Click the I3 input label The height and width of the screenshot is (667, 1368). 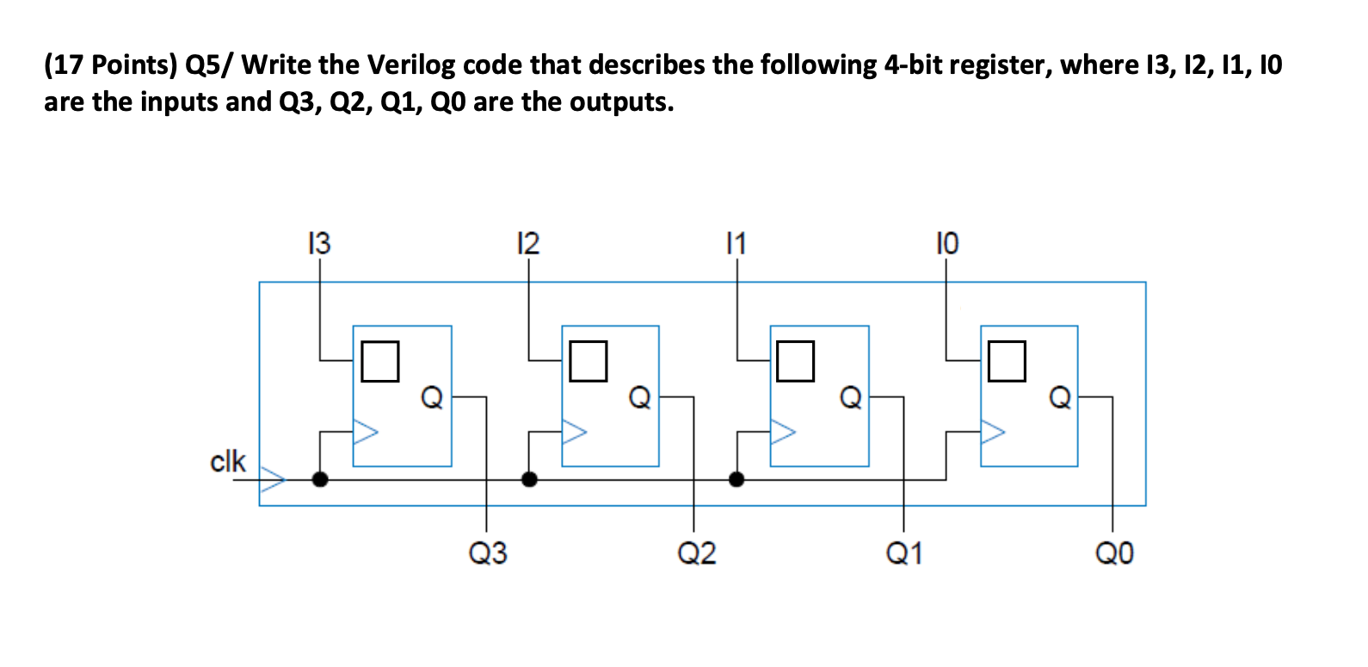318,244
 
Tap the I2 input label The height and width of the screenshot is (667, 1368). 527,244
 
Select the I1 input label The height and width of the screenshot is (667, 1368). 736,244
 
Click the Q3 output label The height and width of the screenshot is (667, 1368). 487,553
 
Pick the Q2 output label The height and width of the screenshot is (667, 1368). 696,553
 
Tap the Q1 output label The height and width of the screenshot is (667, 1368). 904,553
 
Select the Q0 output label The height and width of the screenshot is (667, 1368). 1114,553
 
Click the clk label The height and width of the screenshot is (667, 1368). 228,462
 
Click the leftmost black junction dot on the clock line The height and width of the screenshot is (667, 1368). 320,480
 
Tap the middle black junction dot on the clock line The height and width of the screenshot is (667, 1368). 530,480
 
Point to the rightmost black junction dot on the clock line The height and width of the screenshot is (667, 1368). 736,480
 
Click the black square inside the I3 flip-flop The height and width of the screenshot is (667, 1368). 379,361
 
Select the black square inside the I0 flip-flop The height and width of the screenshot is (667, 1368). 1007,361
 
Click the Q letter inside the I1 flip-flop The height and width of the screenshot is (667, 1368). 850,397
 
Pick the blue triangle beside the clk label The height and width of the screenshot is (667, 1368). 273,480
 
